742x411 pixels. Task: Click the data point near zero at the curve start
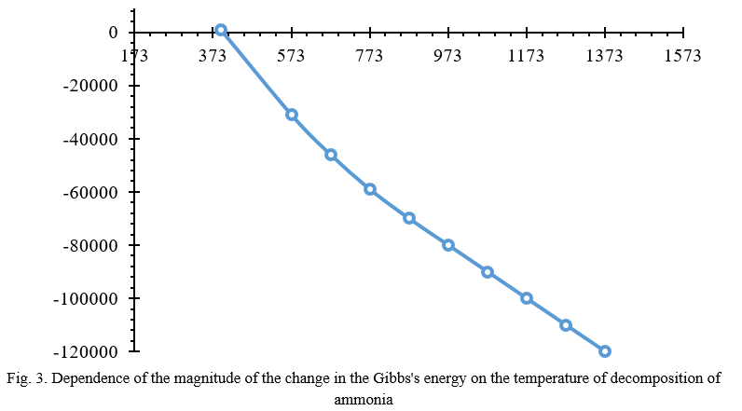(221, 31)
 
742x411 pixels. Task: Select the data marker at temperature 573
(292, 115)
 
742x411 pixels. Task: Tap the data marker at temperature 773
(370, 189)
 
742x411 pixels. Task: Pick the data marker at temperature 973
(448, 245)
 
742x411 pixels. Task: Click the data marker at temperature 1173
(527, 298)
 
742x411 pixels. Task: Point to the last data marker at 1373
(605, 351)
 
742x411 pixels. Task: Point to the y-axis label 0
(113, 33)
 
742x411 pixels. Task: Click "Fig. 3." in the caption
(25, 379)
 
